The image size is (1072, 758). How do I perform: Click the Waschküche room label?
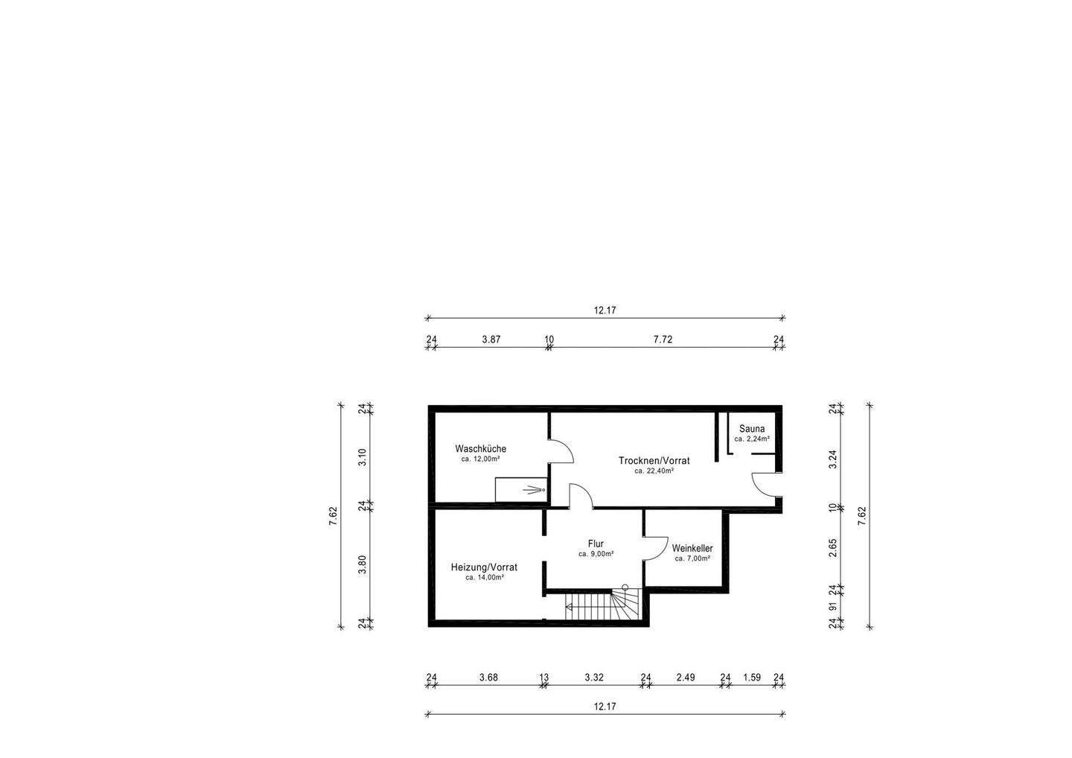point(480,449)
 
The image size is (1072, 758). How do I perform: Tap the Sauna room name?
point(751,429)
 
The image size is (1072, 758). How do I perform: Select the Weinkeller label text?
point(692,548)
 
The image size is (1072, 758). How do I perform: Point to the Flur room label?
point(596,544)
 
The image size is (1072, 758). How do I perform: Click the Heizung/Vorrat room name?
point(484,567)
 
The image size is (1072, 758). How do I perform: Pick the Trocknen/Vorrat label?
point(654,461)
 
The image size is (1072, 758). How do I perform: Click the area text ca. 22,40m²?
point(654,471)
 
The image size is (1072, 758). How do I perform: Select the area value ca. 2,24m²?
point(751,439)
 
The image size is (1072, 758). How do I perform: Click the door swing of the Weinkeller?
point(654,547)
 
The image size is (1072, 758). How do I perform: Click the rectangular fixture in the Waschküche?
point(520,489)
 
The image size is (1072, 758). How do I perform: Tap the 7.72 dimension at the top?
point(663,340)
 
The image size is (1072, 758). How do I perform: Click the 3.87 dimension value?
point(491,340)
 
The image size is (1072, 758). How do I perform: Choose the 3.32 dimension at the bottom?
point(593,678)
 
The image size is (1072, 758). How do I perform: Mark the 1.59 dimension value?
point(752,678)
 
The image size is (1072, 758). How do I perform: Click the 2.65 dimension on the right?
point(833,548)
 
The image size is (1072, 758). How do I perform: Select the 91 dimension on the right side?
point(833,607)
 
